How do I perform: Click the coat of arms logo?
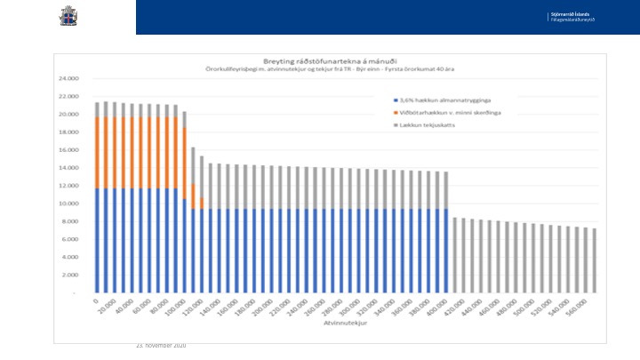68,16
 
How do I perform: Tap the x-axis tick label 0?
96,300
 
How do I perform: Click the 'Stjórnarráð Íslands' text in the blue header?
569,14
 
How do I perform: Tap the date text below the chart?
160,345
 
